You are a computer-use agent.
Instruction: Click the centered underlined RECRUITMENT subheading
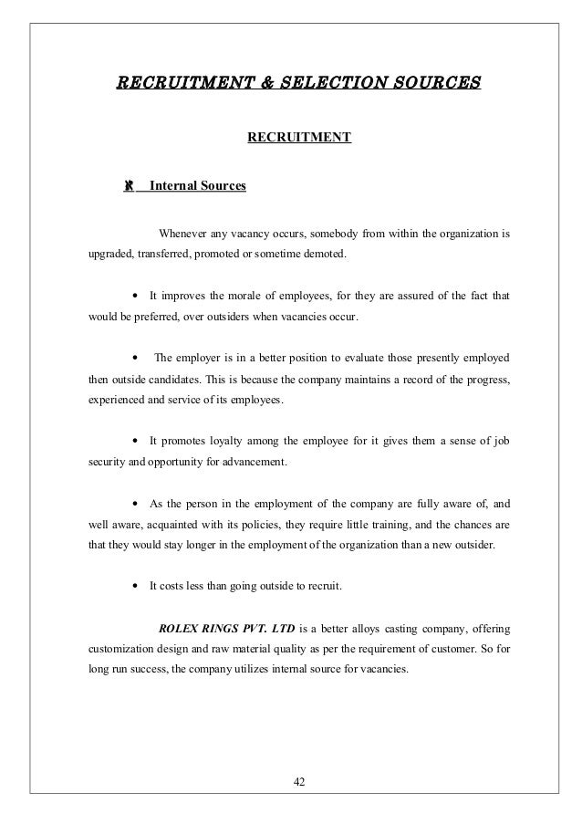tap(299, 139)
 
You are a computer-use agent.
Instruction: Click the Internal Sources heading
tap(197, 186)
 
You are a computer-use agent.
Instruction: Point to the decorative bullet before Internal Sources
tap(130, 186)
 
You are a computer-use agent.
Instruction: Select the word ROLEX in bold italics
tap(179, 630)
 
